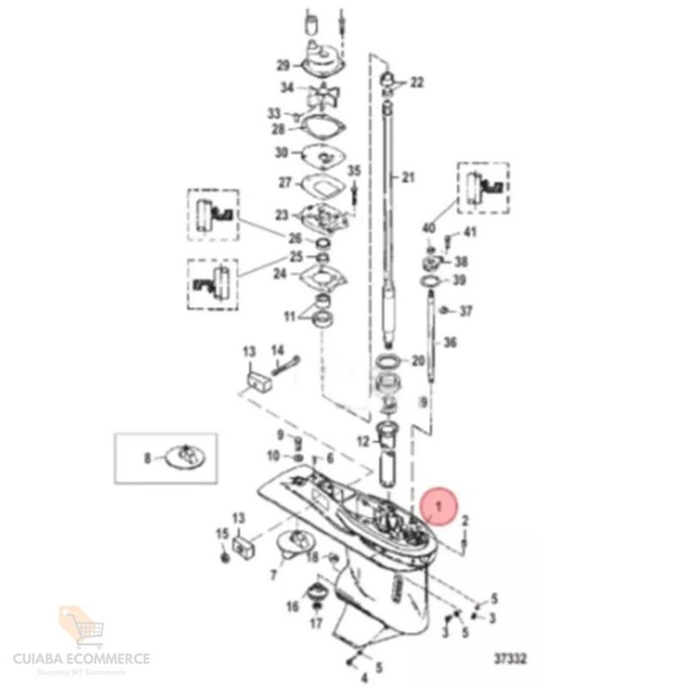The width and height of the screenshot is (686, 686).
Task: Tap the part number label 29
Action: coord(283,66)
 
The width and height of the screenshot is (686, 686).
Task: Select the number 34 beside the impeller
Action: coord(288,87)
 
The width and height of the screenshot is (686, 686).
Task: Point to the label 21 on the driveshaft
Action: coord(407,178)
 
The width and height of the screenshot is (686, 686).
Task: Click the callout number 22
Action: coord(417,82)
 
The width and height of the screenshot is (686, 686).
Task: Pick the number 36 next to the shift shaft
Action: coord(449,343)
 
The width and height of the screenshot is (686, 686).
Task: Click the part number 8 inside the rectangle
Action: coord(147,459)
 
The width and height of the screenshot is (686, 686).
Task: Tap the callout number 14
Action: coord(277,350)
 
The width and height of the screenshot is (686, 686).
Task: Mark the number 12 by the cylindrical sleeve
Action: coord(363,442)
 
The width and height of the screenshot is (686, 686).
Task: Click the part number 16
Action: coord(292,607)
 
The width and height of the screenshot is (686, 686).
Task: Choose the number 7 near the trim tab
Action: coord(274,575)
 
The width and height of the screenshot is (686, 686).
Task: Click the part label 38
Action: coord(460,261)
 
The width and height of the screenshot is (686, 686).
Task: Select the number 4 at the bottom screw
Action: coord(364,678)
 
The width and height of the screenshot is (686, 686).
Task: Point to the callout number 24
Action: coord(280,274)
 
